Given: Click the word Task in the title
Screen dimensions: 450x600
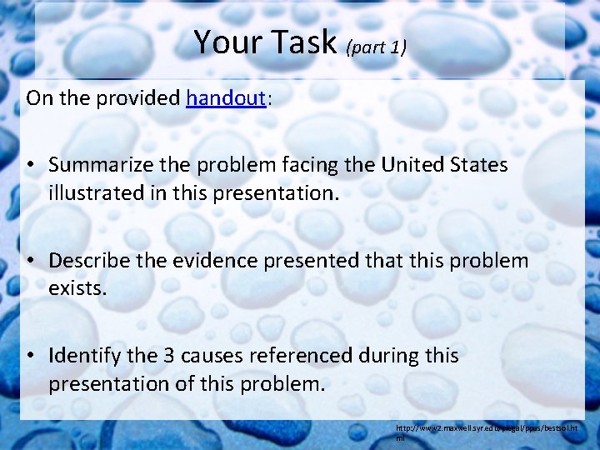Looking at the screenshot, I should click(x=297, y=42).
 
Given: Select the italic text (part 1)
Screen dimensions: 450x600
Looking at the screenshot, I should click(x=376, y=47).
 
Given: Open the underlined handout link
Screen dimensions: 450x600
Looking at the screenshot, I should click(x=226, y=98).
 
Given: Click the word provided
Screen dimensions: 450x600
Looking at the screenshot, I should click(x=139, y=98).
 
